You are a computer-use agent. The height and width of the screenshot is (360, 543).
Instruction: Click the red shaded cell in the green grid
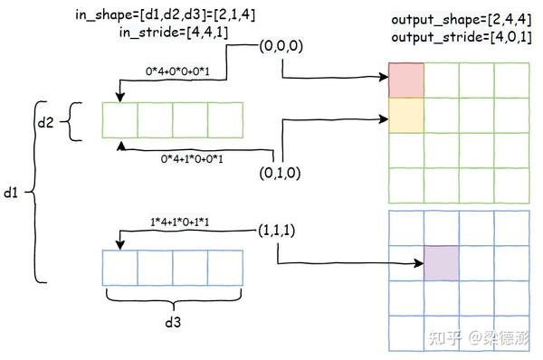[407, 81]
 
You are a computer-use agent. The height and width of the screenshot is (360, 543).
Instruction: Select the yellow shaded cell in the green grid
[407, 116]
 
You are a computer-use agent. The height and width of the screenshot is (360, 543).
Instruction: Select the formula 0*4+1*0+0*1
[193, 159]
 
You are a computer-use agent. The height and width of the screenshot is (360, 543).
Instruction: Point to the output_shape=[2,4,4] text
[456, 20]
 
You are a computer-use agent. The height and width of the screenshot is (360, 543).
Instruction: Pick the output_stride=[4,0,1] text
[460, 37]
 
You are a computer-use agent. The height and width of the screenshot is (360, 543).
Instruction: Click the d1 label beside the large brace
[11, 193]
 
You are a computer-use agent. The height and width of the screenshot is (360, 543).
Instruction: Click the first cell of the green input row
[119, 120]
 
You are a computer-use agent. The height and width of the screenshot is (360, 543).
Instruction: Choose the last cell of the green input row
[225, 120]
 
